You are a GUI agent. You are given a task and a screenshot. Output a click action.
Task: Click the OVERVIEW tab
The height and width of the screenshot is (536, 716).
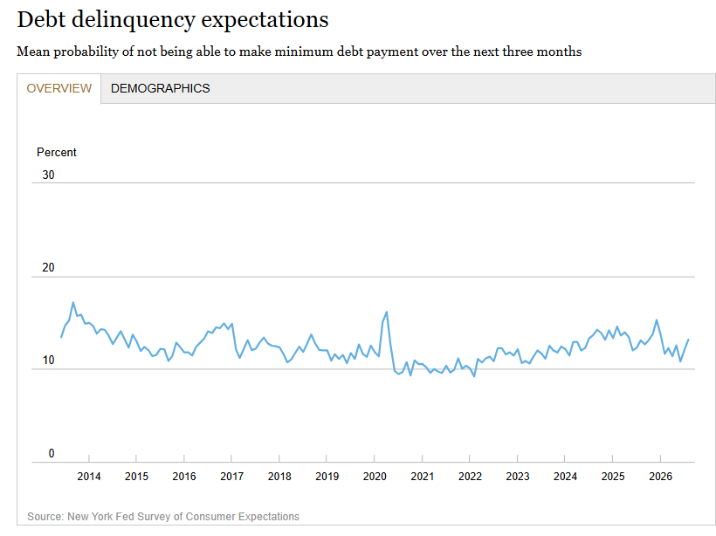[59, 88]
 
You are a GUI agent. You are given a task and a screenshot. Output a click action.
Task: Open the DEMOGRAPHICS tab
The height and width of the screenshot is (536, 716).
[161, 88]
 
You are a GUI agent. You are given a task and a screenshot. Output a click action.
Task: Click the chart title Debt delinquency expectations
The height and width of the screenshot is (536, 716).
[173, 20]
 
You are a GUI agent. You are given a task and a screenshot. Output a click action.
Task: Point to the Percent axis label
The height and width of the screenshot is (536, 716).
[57, 152]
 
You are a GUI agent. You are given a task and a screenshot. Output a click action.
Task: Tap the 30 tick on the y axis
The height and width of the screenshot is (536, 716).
[48, 175]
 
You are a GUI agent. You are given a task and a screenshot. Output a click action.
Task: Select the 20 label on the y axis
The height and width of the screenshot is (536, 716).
[48, 267]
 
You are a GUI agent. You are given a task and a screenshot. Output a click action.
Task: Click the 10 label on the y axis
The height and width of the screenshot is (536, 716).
[48, 361]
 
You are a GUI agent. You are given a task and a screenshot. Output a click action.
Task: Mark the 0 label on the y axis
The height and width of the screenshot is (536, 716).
[52, 453]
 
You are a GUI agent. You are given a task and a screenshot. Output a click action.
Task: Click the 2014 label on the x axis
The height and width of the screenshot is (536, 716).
[89, 477]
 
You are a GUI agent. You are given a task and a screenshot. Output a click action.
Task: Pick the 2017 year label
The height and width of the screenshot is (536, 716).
[232, 477]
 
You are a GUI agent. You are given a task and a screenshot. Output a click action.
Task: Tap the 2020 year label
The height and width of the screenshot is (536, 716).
[375, 477]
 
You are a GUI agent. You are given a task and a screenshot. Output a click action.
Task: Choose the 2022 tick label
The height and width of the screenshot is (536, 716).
[470, 477]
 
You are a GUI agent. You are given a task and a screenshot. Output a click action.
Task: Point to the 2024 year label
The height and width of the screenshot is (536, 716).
[565, 477]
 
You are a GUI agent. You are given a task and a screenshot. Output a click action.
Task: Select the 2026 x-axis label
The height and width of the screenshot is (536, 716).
[661, 477]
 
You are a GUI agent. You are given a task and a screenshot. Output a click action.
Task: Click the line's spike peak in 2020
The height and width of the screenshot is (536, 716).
[387, 312]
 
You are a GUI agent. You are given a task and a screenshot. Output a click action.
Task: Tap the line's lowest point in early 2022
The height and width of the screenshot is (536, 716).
[474, 376]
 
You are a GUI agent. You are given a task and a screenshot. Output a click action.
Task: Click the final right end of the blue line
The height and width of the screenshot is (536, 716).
[688, 340]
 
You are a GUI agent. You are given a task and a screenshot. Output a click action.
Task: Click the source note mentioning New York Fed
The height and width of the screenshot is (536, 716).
[163, 517]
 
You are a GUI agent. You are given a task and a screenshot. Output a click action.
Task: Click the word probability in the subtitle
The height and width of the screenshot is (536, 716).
[86, 52]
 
